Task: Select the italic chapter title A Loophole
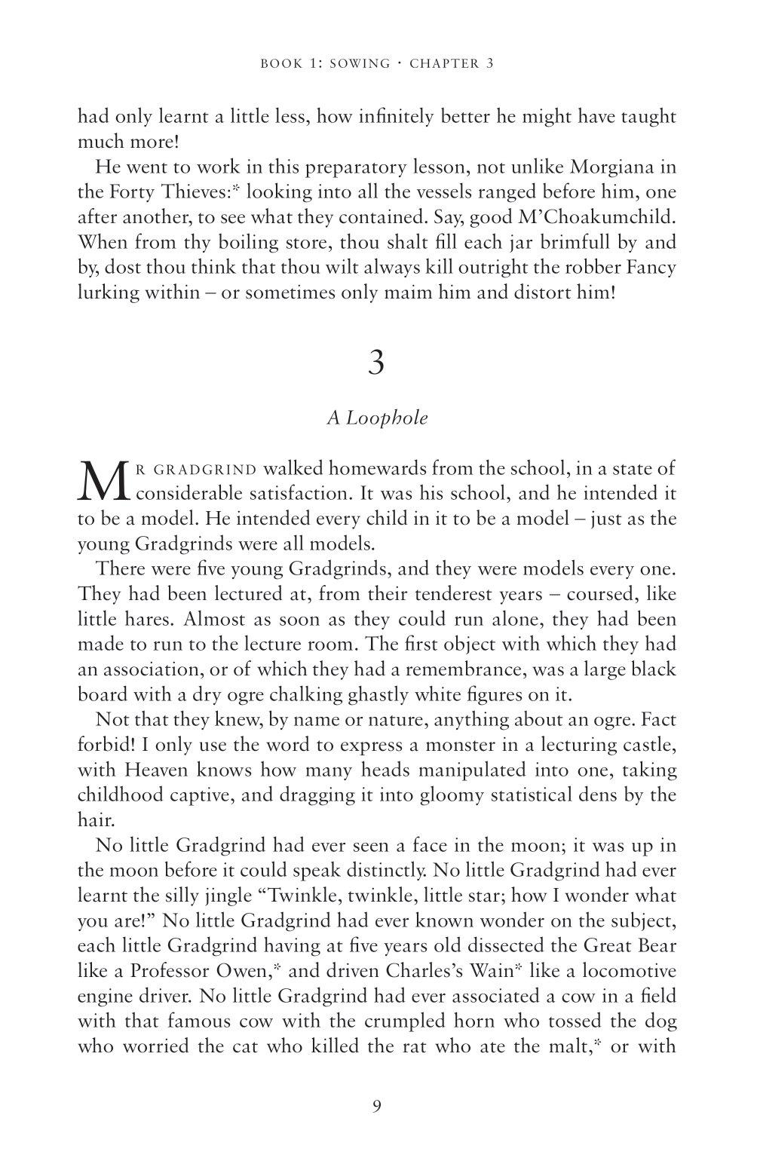[377, 418]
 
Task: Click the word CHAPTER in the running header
[443, 64]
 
